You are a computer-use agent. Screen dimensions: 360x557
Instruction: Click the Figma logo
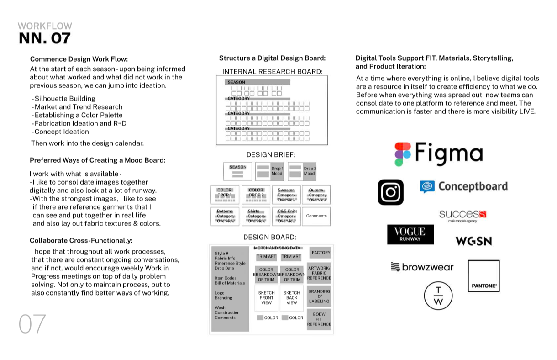[x=438, y=154]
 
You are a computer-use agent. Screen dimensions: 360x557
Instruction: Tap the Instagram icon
[x=390, y=192]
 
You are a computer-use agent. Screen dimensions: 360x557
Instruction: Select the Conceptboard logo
[x=463, y=186]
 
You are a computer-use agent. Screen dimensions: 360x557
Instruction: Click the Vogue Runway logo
[x=410, y=234]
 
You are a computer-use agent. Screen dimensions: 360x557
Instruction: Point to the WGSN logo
[x=473, y=241]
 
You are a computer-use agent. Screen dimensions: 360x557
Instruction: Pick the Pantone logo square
[x=483, y=276]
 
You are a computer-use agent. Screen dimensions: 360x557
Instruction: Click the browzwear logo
[x=422, y=267]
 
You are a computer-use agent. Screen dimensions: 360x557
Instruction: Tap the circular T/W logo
[x=438, y=296]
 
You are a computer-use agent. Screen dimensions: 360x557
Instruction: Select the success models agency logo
[x=462, y=215]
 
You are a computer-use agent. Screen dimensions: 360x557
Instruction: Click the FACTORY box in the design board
[x=321, y=253]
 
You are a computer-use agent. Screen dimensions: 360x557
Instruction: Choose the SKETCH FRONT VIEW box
[x=266, y=298]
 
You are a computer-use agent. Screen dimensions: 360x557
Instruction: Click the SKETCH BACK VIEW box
[x=292, y=298]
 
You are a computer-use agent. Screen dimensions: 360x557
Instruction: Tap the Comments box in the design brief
[x=316, y=216]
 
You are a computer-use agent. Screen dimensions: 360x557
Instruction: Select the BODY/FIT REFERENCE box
[x=319, y=319]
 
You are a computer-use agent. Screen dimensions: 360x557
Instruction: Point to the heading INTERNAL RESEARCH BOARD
[x=272, y=72]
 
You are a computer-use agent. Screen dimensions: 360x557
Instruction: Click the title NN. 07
[x=45, y=38]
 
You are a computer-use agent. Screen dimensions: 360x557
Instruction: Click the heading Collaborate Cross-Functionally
[x=81, y=240]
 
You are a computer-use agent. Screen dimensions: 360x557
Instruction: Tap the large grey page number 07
[x=32, y=324]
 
